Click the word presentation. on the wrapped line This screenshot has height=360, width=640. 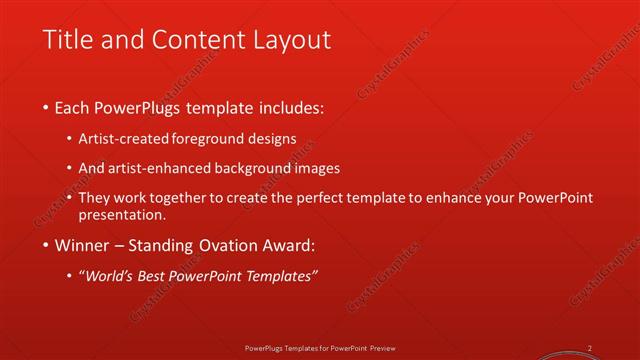tap(129, 214)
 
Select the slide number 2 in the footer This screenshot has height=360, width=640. tap(590, 348)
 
